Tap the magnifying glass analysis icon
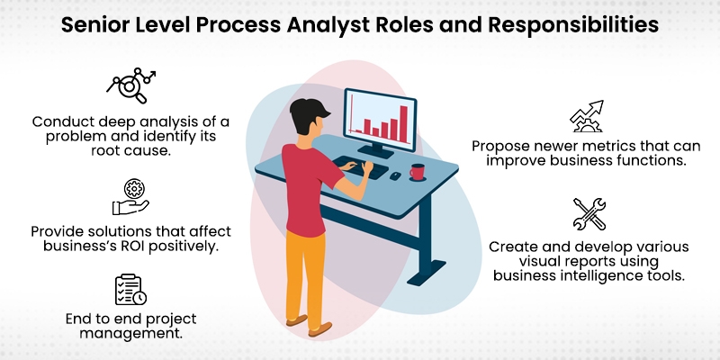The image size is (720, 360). (x=129, y=85)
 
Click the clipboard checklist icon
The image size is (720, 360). (x=130, y=288)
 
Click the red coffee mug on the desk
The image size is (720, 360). (x=417, y=171)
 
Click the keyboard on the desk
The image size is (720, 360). (x=360, y=166)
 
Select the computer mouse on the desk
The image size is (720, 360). (x=395, y=175)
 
